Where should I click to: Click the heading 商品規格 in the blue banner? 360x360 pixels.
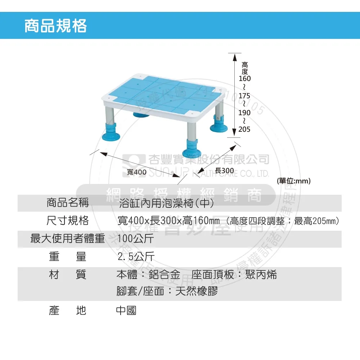click(x=56, y=26)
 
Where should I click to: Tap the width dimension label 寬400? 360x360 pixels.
click(x=136, y=172)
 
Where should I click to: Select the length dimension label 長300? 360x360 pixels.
click(x=225, y=170)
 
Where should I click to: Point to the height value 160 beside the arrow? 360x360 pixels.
click(x=245, y=79)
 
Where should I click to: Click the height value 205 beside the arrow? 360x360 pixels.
click(x=244, y=130)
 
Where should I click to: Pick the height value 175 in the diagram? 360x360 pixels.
click(x=244, y=96)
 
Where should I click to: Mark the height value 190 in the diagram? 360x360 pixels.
click(x=244, y=113)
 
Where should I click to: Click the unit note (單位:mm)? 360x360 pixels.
click(x=293, y=181)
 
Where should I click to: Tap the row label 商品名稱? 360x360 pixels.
click(x=67, y=203)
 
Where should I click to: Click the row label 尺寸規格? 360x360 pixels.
click(x=67, y=220)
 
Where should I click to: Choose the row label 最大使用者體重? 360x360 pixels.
click(x=67, y=238)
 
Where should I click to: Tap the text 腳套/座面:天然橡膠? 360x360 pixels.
click(x=167, y=291)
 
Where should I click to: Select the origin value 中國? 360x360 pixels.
click(x=126, y=310)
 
